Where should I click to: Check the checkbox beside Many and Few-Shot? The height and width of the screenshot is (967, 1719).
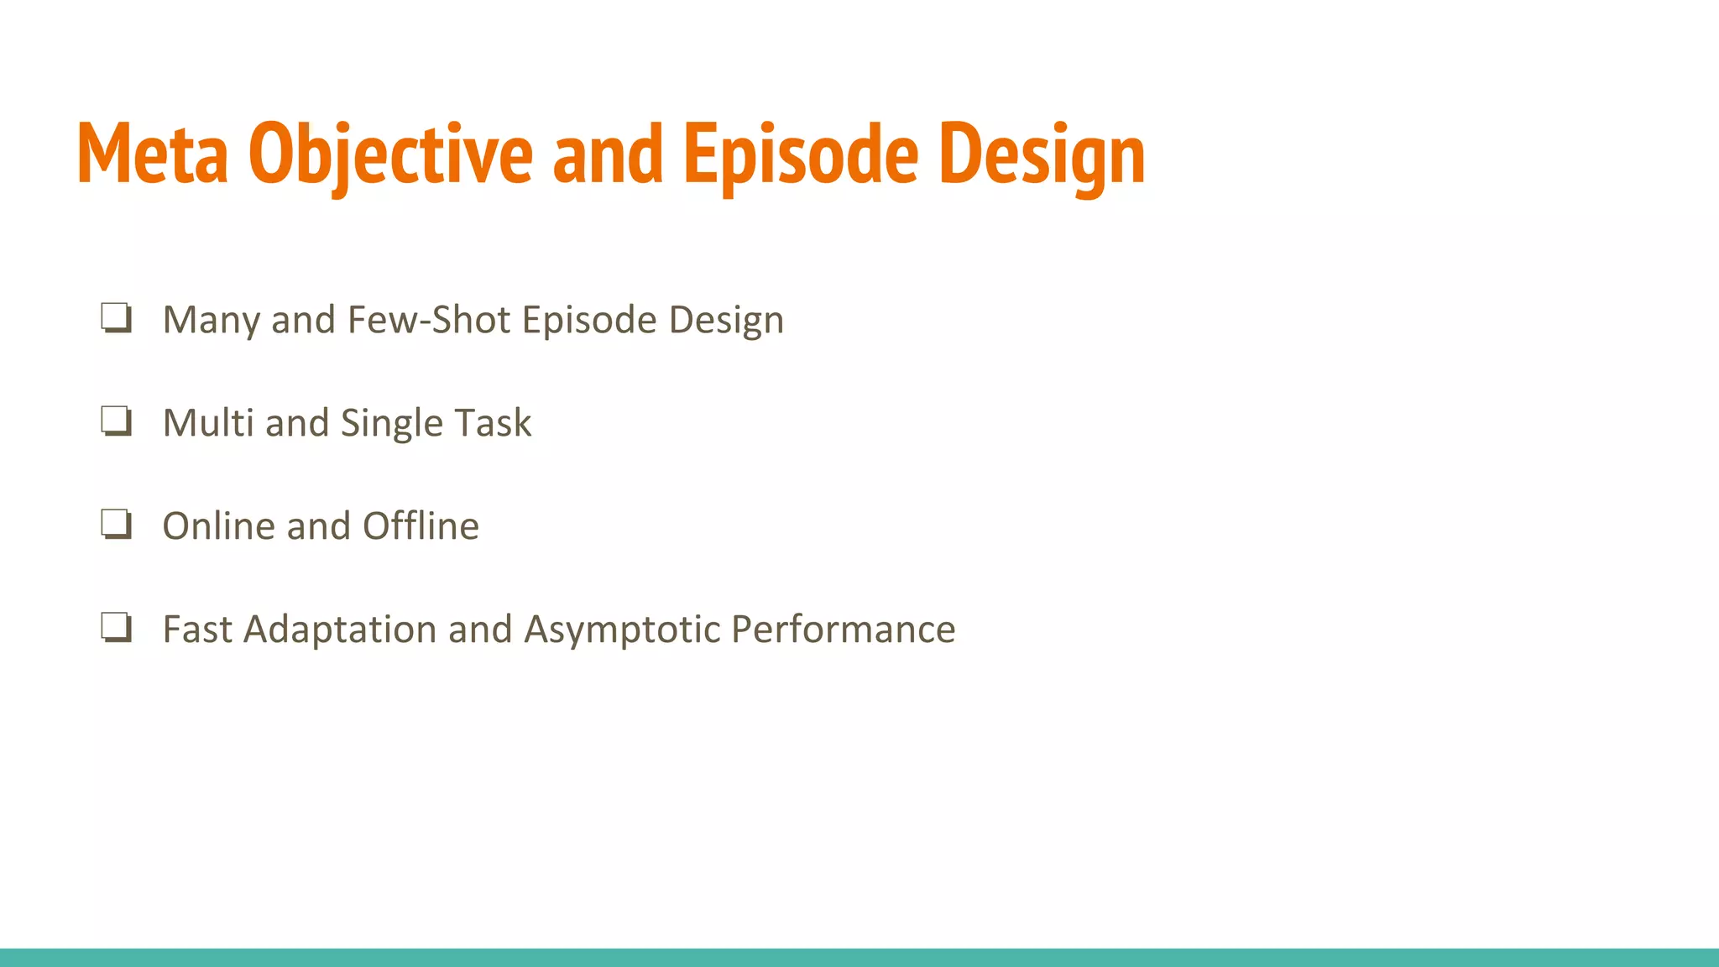pos(116,318)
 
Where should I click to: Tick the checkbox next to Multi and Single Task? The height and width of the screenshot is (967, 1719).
pos(116,421)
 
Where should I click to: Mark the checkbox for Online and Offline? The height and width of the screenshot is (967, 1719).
pos(116,525)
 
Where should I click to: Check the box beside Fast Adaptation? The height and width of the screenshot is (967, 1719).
pos(116,628)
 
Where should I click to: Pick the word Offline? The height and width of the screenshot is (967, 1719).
pos(421,526)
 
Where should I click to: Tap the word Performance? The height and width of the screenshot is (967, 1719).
pos(843,630)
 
